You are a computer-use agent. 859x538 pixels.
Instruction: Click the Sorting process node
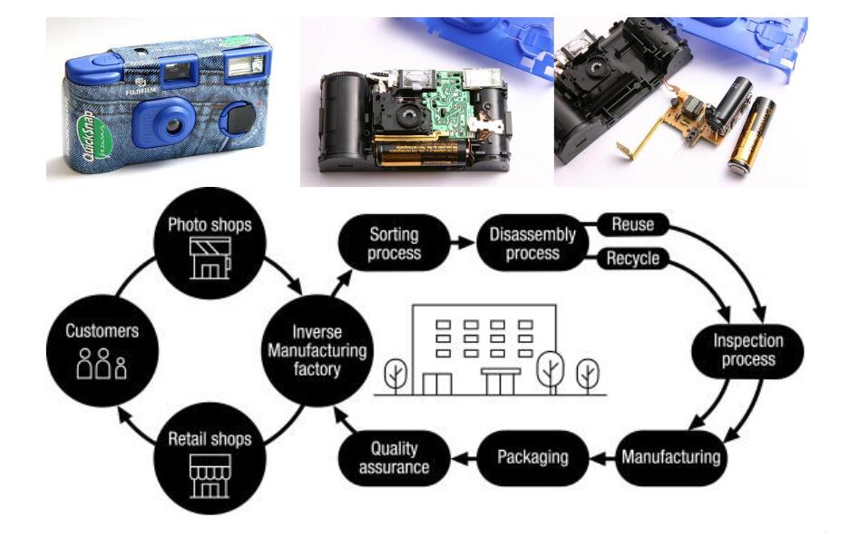pyautogui.click(x=395, y=242)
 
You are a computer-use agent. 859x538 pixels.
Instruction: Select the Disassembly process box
pyautogui.click(x=532, y=242)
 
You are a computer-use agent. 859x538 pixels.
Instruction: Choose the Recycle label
pyautogui.click(x=632, y=259)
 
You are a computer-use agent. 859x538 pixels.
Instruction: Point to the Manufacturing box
pyautogui.click(x=671, y=455)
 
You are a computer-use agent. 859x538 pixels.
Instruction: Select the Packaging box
pyautogui.click(x=532, y=455)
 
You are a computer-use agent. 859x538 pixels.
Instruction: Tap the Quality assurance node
pyautogui.click(x=394, y=457)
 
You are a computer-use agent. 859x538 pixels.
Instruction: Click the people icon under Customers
pyautogui.click(x=101, y=365)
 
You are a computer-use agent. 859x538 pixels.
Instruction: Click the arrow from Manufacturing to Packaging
pyautogui.click(x=603, y=455)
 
